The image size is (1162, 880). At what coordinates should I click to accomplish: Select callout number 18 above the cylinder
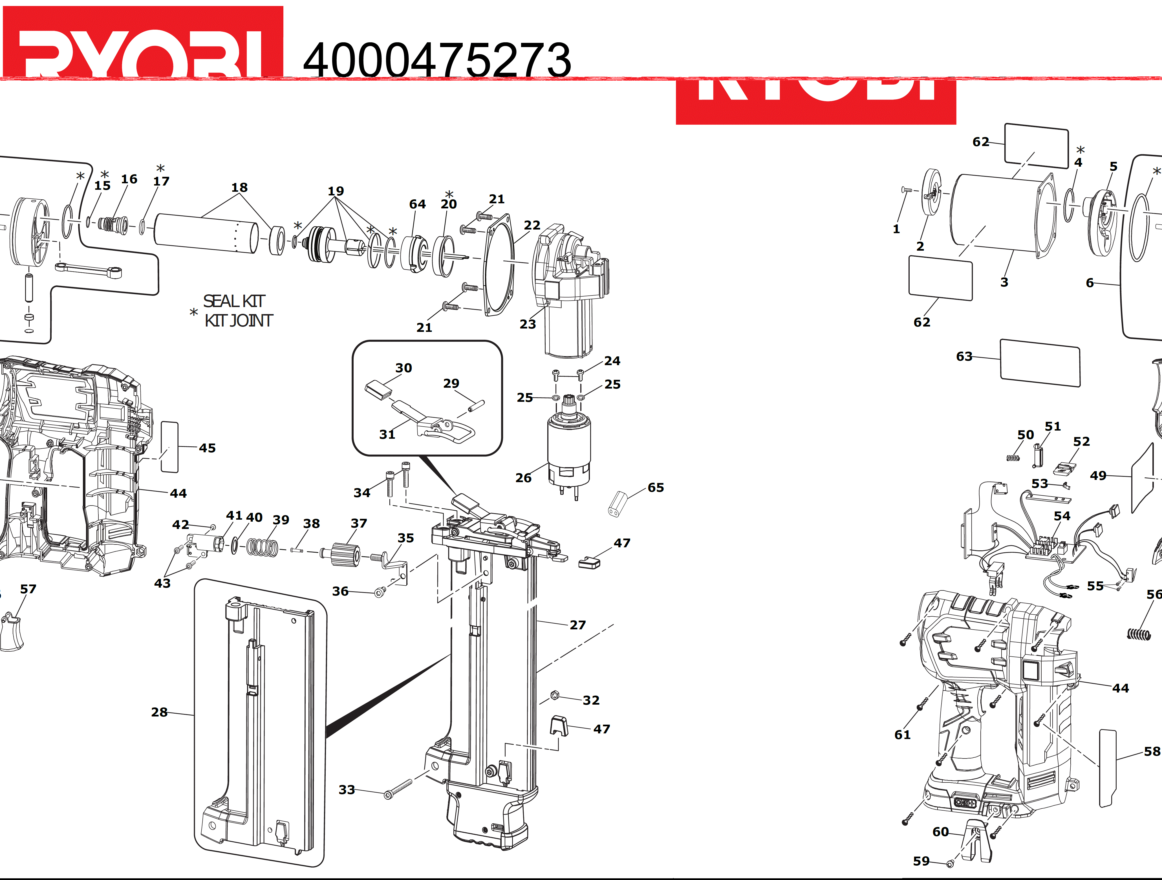(240, 188)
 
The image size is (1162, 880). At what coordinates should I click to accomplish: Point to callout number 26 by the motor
(523, 478)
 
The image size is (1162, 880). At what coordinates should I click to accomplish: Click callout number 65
(656, 488)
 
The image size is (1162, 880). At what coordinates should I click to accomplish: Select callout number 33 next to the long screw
(347, 790)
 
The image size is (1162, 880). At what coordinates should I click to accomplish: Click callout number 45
(207, 448)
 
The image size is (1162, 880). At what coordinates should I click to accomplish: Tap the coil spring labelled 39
(263, 548)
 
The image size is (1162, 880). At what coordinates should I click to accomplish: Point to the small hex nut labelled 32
(555, 696)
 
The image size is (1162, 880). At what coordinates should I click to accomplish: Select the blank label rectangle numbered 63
(1040, 363)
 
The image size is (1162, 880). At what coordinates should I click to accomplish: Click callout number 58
(1152, 751)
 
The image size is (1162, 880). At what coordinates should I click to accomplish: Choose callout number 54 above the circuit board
(1062, 516)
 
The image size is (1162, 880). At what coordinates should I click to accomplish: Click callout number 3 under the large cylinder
(1004, 282)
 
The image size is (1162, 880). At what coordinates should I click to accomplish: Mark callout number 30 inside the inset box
(403, 368)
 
